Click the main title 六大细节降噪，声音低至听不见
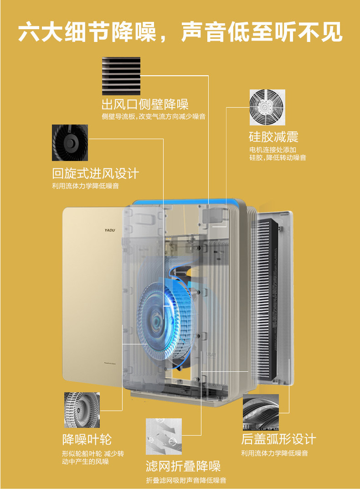click(x=180, y=32)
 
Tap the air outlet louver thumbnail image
click(x=121, y=76)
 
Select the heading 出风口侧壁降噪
click(x=144, y=104)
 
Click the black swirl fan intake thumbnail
click(x=70, y=142)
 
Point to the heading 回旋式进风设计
click(x=95, y=173)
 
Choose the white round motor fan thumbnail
click(x=267, y=107)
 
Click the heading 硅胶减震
click(x=273, y=136)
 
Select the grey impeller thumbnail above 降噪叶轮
click(x=82, y=410)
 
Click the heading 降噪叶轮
click(x=87, y=439)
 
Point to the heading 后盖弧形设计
click(x=278, y=439)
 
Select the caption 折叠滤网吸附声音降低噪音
click(x=186, y=480)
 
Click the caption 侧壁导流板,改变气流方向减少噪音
click(x=153, y=117)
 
